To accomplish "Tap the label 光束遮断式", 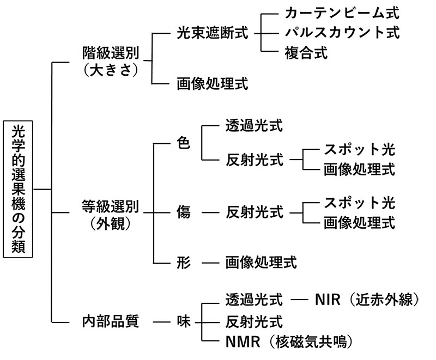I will coord(212,33).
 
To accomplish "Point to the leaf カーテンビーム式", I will coord(342,13).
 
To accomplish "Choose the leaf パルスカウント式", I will coord(342,33).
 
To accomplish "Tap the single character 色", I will coord(184,144).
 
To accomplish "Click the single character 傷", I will coord(184,212).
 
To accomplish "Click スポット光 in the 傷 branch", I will coord(359,203).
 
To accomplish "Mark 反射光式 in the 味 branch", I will coord(255,321).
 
